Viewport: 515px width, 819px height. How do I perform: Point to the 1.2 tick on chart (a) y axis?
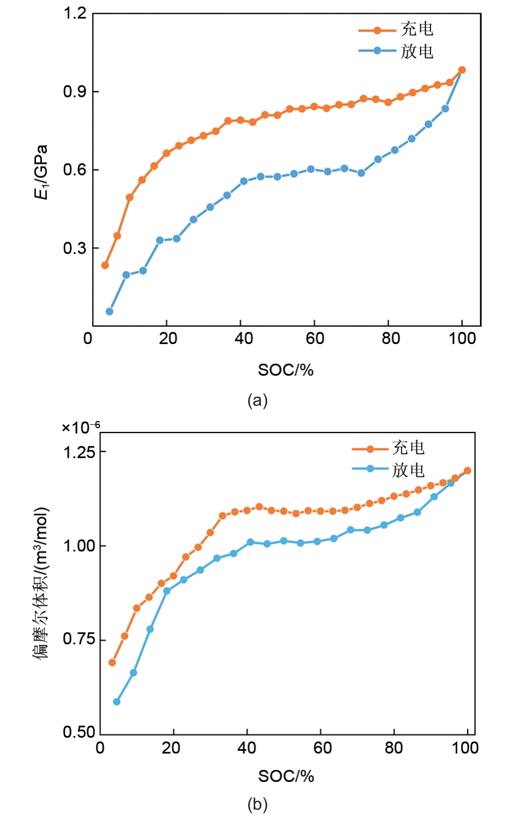click(x=75, y=13)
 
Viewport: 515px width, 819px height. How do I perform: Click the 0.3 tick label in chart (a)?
click(x=75, y=249)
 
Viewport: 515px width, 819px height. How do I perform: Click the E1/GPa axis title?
click(x=41, y=172)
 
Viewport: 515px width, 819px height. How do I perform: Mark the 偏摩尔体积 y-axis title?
click(x=41, y=583)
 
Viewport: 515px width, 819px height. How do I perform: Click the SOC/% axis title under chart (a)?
click(x=286, y=370)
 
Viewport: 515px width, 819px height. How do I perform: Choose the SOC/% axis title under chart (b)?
click(x=286, y=776)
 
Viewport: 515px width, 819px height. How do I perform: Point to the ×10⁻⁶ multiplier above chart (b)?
click(x=81, y=427)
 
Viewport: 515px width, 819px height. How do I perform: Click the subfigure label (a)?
click(x=257, y=401)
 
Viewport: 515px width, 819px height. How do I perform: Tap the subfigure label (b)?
click(x=257, y=804)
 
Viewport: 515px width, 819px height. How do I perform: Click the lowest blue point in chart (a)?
click(x=110, y=311)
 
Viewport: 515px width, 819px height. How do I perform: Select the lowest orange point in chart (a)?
click(x=105, y=266)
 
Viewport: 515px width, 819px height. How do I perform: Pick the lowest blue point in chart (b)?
click(x=117, y=702)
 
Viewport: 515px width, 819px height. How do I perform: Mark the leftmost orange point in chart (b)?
click(x=112, y=663)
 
